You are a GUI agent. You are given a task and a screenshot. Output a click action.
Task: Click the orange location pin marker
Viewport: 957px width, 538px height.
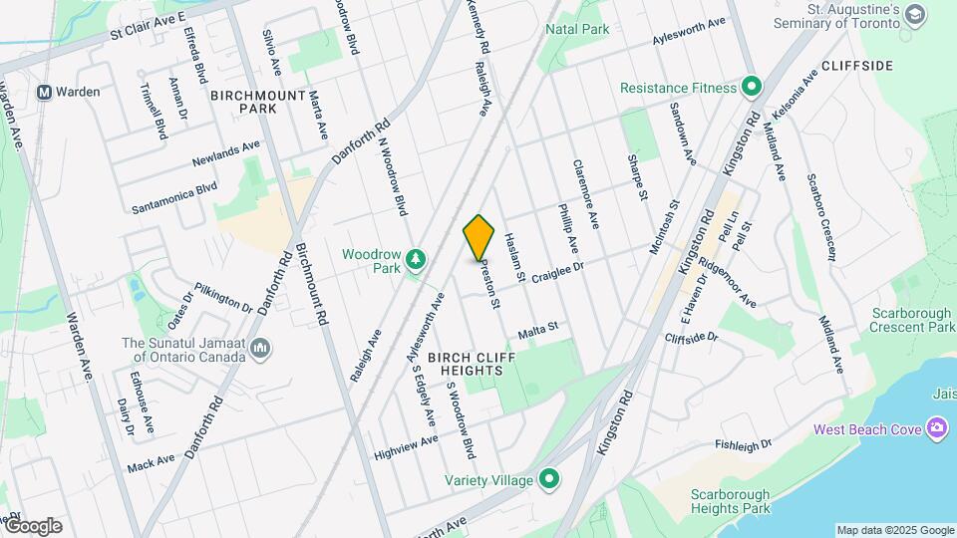click(479, 238)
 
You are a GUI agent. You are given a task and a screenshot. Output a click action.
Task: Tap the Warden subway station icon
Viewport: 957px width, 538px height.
click(44, 92)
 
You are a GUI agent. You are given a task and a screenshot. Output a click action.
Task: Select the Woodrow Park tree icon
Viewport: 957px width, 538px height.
click(415, 261)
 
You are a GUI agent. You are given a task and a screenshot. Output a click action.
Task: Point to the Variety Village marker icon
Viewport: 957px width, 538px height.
click(548, 480)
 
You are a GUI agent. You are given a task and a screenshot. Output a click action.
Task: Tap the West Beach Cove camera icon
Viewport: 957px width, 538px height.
click(936, 429)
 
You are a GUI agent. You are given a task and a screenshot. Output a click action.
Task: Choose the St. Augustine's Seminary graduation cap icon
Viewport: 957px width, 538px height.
click(915, 14)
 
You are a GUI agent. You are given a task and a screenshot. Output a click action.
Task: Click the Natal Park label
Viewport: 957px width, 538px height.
click(577, 30)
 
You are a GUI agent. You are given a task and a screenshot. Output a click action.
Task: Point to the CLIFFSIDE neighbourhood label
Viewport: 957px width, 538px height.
click(857, 66)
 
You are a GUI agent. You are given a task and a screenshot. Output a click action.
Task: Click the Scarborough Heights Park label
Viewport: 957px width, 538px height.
click(732, 501)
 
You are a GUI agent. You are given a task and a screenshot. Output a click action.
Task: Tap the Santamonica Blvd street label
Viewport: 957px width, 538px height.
click(174, 198)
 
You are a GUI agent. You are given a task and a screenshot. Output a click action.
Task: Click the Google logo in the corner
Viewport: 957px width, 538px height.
click(32, 526)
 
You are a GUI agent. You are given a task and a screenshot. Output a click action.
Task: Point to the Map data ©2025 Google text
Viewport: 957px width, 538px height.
click(895, 530)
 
